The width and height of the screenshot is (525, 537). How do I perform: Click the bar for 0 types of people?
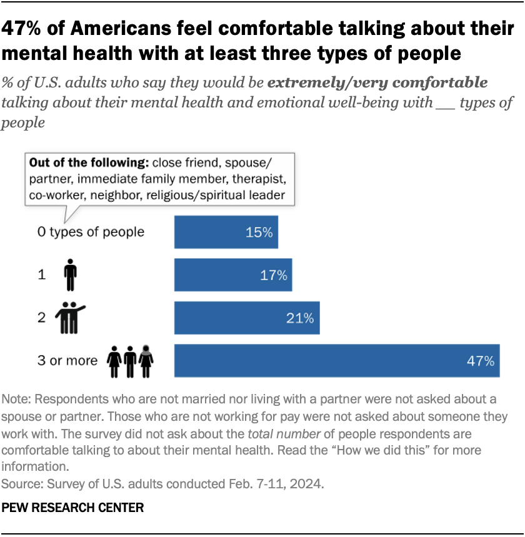(x=226, y=232)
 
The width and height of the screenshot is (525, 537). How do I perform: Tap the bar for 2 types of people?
(x=246, y=318)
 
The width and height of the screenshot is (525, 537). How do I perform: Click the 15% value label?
(x=259, y=232)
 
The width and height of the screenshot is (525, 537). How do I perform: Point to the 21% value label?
(x=300, y=318)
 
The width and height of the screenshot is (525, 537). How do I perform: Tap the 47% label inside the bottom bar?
(x=481, y=360)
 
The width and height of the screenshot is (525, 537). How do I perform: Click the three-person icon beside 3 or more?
(x=130, y=360)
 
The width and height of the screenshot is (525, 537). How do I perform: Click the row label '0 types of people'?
(x=91, y=232)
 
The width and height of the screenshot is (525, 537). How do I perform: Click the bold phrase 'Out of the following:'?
(x=86, y=163)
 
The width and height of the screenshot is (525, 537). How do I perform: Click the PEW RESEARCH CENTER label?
(x=72, y=508)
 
